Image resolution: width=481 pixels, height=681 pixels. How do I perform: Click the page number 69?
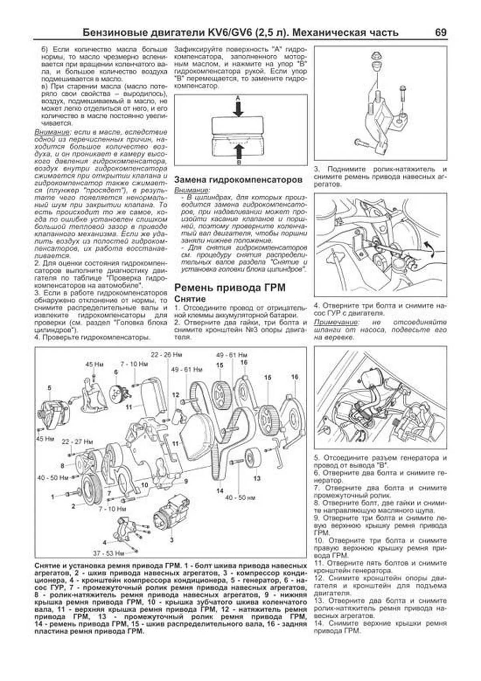click(440, 32)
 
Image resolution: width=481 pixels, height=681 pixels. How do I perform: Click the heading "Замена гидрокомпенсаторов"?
click(238, 180)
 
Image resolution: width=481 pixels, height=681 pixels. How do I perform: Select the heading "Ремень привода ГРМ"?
click(230, 288)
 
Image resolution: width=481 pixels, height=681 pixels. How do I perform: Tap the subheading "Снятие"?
click(190, 299)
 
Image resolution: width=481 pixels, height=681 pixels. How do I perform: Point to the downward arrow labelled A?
click(238, 107)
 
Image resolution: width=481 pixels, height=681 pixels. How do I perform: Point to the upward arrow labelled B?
click(238, 153)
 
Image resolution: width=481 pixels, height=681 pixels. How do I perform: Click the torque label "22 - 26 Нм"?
click(166, 355)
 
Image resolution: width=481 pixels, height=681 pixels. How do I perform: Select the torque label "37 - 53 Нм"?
click(109, 554)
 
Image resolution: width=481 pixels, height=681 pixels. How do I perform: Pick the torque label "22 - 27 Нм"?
click(77, 442)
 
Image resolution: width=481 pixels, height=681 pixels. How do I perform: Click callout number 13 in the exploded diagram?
click(257, 478)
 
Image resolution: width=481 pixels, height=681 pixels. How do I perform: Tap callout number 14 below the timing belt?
click(220, 491)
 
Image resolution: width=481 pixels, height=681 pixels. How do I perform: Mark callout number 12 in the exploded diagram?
click(176, 395)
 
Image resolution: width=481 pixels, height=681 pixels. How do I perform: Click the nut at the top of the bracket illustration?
click(376, 57)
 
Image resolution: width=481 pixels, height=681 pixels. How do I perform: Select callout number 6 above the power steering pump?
click(116, 372)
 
